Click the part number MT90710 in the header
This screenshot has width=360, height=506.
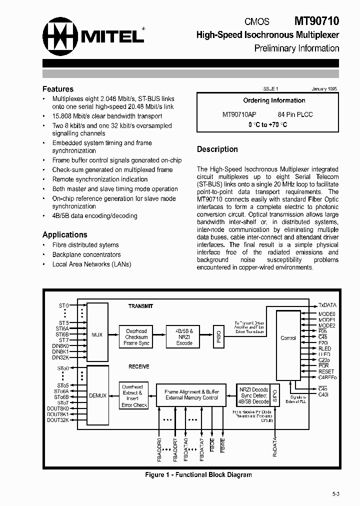pos(316,21)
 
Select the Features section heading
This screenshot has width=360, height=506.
pos(58,89)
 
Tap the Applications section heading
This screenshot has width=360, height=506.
pos(64,234)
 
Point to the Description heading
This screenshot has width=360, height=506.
pos(217,149)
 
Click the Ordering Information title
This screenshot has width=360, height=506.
pos(274,100)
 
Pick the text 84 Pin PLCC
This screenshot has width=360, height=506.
pos(295,114)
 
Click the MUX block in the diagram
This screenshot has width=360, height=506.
pos(97,334)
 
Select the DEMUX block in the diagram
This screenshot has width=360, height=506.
pos(97,395)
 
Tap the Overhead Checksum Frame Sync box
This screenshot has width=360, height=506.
pos(136,337)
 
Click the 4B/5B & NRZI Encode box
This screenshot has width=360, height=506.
pos(184,337)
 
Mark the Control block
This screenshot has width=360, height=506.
pos(288,338)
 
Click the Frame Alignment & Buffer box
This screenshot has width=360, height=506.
pos(191,395)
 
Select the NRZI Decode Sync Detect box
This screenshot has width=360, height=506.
pos(254,395)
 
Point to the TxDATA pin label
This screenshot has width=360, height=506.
pos(327,305)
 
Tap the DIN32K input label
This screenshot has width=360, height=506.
pos(60,358)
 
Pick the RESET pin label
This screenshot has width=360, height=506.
pos(326,371)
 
